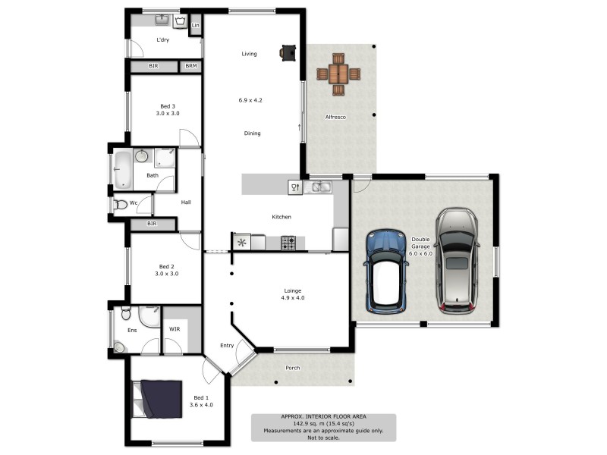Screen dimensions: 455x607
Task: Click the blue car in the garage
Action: pyautogui.click(x=387, y=271)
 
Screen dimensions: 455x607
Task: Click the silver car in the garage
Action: pyautogui.click(x=457, y=260)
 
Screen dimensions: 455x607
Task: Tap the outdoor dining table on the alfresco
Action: pyautogui.click(x=338, y=74)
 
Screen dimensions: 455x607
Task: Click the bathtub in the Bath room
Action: pyautogui.click(x=122, y=169)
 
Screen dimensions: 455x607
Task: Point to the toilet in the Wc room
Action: pyautogui.click(x=121, y=204)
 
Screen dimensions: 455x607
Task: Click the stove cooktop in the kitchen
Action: pyautogui.click(x=288, y=243)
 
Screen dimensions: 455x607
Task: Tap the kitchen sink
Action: pyautogui.click(x=321, y=186)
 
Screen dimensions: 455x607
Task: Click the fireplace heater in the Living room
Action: pyautogui.click(x=288, y=52)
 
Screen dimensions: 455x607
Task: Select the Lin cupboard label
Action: pyautogui.click(x=195, y=26)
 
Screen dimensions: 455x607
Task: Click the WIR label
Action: pyautogui.click(x=175, y=329)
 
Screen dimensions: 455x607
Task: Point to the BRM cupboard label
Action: pyautogui.click(x=190, y=67)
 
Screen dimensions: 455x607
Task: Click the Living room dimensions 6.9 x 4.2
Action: pyautogui.click(x=250, y=100)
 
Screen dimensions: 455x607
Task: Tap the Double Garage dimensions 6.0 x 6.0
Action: pyautogui.click(x=421, y=253)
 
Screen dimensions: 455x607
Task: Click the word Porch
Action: pyautogui.click(x=292, y=368)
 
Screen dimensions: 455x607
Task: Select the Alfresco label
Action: pyautogui.click(x=336, y=117)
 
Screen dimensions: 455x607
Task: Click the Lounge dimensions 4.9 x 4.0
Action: pyautogui.click(x=293, y=297)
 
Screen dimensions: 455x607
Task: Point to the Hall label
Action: pyautogui.click(x=186, y=202)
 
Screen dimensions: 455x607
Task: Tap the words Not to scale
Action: pyautogui.click(x=324, y=437)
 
